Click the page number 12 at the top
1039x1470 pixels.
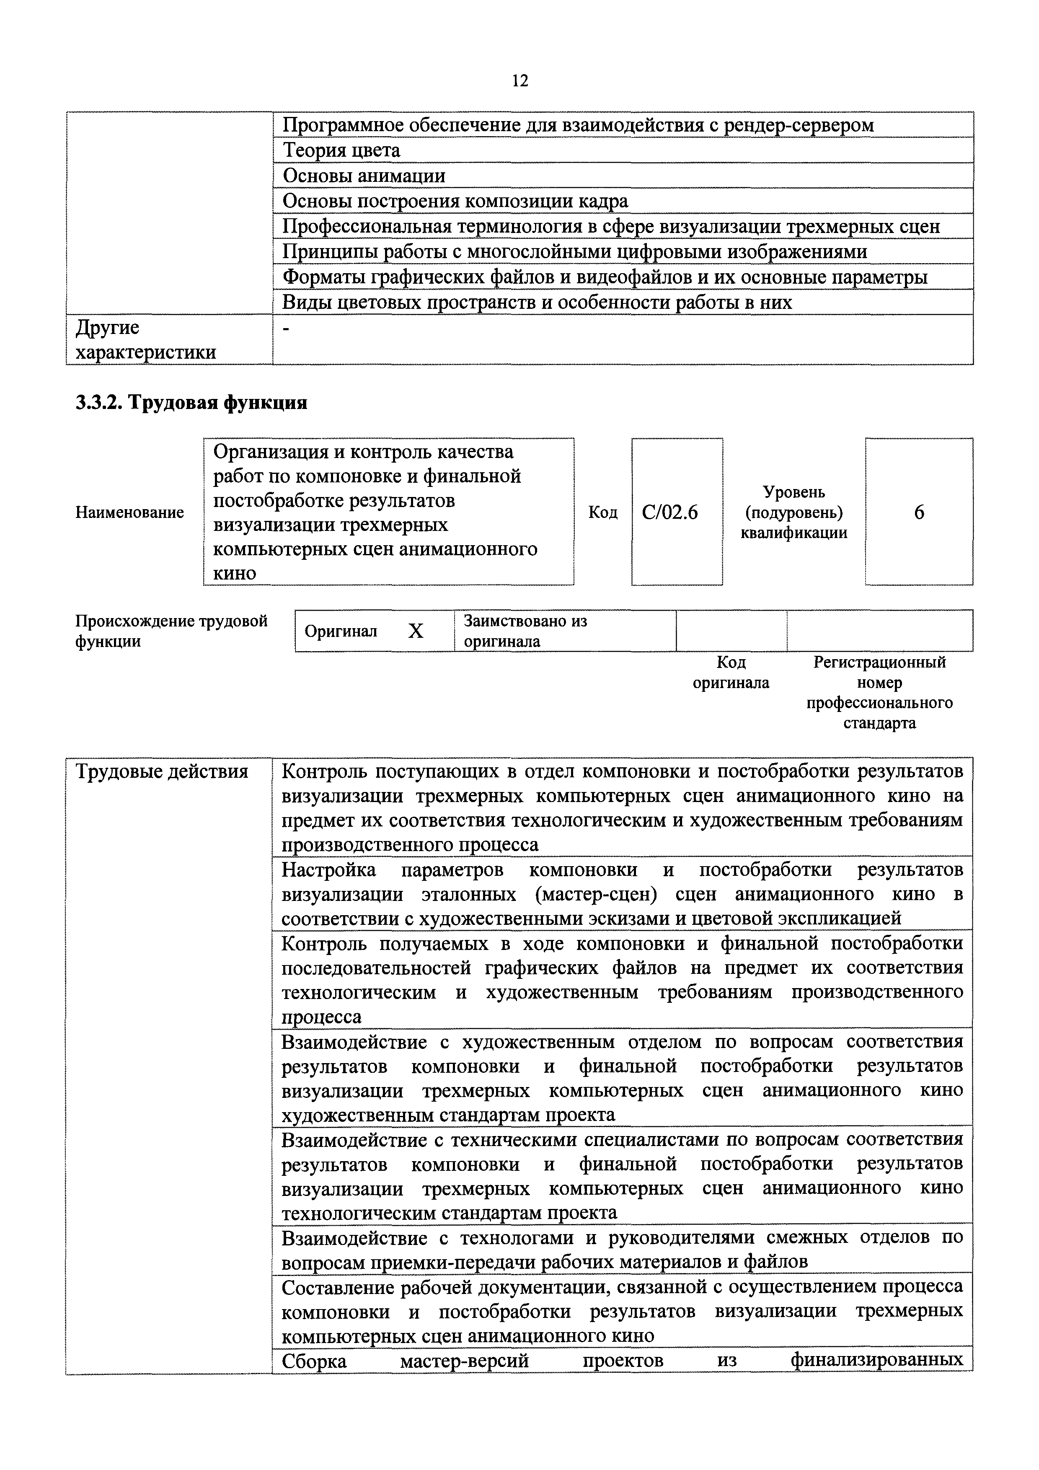coord(520,81)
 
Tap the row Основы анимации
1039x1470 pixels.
coord(364,176)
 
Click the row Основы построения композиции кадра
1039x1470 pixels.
coord(455,201)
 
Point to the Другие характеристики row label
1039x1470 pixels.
coord(145,339)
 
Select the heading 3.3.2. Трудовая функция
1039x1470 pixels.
coord(191,402)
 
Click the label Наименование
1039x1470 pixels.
coord(129,512)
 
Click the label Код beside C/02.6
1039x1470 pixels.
coord(602,512)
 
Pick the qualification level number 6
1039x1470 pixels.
coord(919,512)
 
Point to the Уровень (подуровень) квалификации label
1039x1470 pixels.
coord(794,512)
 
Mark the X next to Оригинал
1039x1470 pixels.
coord(416,631)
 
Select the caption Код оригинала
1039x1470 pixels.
coord(731,672)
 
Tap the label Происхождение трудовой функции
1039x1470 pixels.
coord(171,631)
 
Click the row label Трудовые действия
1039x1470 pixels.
coord(162,771)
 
